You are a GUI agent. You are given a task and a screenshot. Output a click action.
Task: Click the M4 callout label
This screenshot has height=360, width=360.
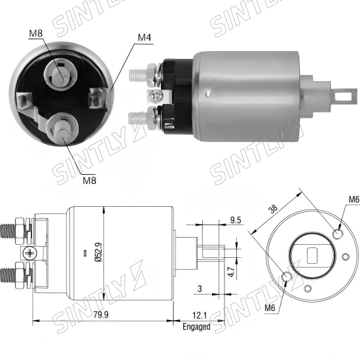(145, 37)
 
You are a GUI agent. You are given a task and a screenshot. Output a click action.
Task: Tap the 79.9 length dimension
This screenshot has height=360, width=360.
(101, 315)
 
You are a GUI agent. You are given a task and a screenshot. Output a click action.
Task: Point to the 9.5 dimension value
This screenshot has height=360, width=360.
(236, 220)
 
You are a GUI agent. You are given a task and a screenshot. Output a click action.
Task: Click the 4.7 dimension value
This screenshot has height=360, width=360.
(232, 272)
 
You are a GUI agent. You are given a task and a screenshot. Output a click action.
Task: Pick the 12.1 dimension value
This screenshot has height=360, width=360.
(199, 315)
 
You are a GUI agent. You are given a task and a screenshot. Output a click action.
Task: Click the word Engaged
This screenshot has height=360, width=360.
(196, 327)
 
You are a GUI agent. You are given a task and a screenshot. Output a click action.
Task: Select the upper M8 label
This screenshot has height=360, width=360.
(36, 33)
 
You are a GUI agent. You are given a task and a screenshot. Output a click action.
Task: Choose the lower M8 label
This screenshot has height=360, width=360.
(90, 181)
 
